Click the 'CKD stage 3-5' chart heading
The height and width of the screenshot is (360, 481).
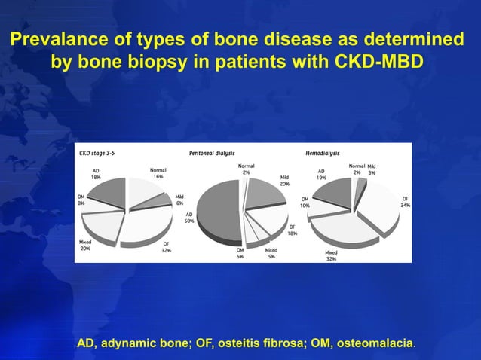click(100, 152)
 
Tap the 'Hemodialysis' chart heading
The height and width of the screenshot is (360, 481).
click(322, 152)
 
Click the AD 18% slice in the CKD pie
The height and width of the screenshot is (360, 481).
click(107, 193)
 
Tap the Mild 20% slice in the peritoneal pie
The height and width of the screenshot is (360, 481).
click(264, 192)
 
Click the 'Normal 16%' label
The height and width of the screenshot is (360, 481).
click(158, 173)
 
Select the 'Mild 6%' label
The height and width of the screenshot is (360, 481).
click(179, 200)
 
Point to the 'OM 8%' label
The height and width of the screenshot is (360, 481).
click(81, 200)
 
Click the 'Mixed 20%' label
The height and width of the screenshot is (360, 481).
click(85, 245)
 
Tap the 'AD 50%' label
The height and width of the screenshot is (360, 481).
click(188, 218)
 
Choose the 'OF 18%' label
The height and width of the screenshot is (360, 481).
click(292, 230)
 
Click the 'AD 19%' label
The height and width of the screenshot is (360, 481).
click(321, 174)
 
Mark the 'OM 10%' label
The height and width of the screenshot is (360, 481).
click(305, 202)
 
